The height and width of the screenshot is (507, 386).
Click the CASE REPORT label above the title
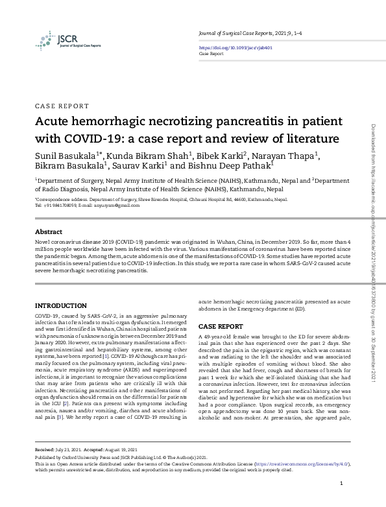(62, 106)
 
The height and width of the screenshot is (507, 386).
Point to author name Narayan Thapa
(291, 156)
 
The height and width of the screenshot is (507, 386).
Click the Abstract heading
(49, 231)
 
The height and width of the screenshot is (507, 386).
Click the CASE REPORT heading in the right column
(221, 325)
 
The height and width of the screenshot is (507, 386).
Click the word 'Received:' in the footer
(45, 449)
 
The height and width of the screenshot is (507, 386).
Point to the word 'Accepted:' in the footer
(93, 449)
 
